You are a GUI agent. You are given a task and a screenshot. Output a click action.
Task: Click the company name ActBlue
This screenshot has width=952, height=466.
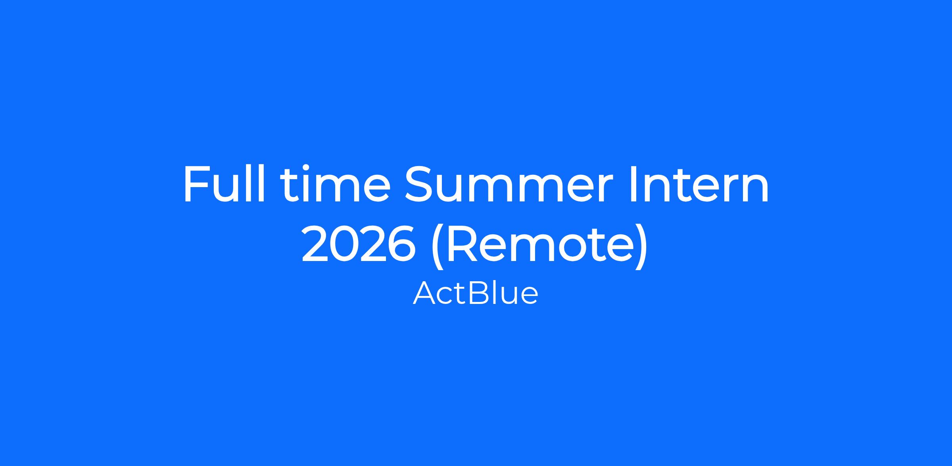tap(476, 293)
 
